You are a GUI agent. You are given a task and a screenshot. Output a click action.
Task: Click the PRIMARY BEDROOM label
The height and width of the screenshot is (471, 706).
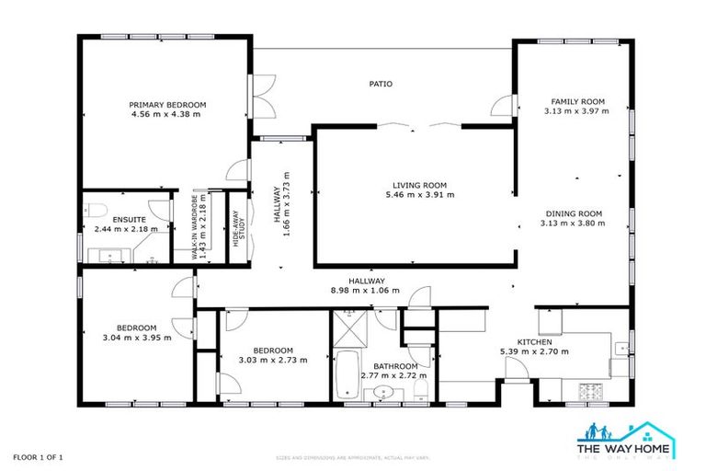pos(166,104)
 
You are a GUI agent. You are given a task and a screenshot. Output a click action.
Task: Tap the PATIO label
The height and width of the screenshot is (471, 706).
pos(381,84)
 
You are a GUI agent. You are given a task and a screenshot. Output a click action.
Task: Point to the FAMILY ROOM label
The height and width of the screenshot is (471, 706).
pos(576,101)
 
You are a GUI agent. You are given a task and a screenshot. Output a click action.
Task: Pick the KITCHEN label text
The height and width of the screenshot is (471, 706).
pos(533,341)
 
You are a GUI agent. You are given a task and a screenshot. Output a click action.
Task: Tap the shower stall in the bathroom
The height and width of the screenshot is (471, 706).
pos(353,327)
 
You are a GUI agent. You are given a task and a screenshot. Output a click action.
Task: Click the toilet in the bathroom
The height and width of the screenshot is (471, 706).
pos(420,389)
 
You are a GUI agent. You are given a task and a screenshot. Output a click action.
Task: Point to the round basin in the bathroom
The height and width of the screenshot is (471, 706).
pos(382,395)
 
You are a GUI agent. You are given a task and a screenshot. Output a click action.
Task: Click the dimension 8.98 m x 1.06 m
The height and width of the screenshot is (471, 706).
pos(366,290)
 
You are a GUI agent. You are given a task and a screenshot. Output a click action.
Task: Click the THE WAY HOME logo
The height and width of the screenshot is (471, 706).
pos(624,439)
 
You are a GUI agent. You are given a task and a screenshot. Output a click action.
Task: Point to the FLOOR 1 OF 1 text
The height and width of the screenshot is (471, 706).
pos(38,457)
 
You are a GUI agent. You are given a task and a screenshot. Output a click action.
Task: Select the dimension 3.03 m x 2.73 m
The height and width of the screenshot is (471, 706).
pos(273,360)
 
